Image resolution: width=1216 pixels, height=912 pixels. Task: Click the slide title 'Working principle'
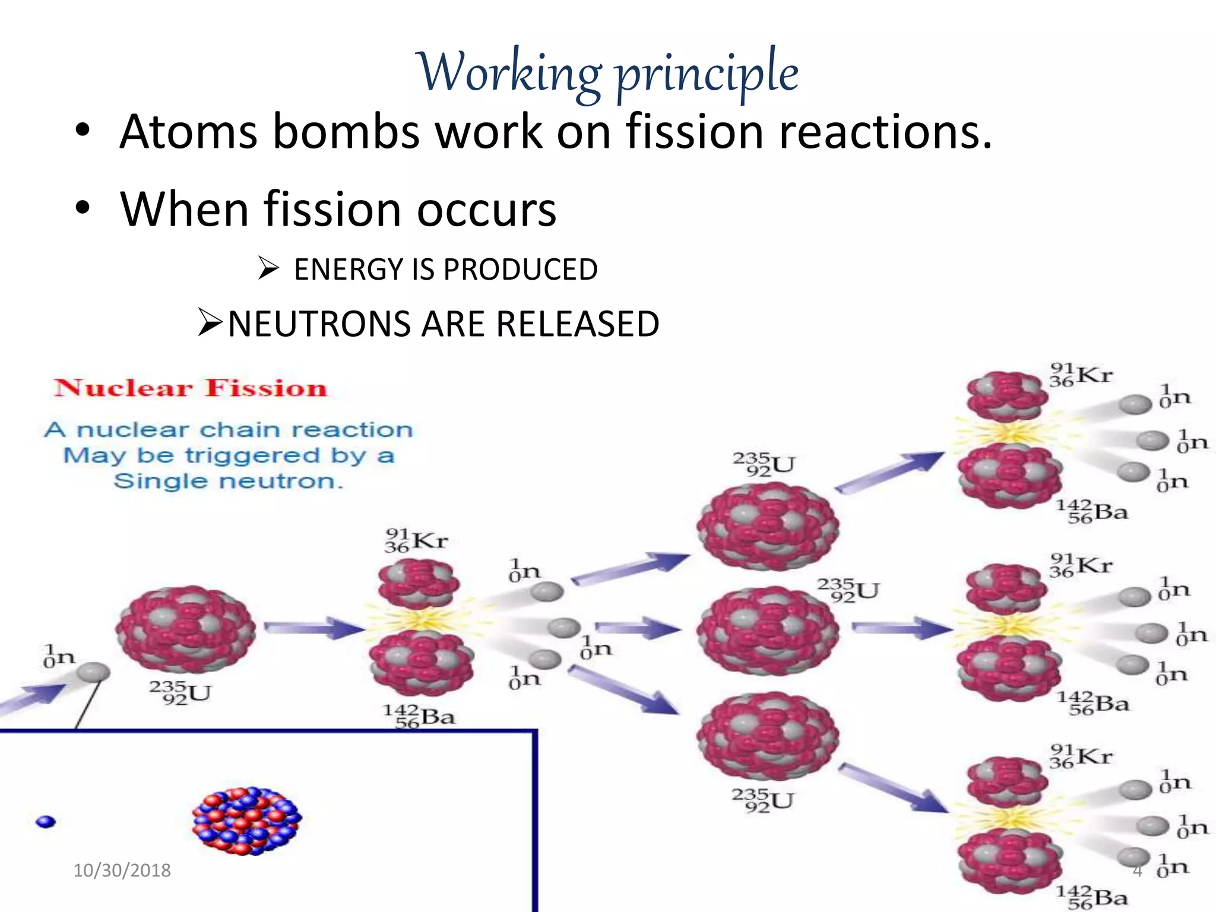(608, 72)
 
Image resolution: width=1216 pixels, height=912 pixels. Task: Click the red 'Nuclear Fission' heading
(191, 388)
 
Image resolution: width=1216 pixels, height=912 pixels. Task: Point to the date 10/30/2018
(122, 870)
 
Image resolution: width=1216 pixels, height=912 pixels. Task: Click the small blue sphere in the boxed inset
(46, 822)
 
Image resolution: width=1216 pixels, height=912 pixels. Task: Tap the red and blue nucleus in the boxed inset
(247, 821)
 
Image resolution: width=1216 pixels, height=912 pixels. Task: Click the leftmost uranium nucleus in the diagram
(185, 629)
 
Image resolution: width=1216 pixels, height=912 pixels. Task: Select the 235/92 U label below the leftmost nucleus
(180, 693)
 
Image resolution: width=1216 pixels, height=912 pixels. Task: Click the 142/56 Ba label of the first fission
(419, 716)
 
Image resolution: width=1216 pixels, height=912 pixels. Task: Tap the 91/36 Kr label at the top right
(1081, 376)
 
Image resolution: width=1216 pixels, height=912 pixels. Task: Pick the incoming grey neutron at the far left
(93, 672)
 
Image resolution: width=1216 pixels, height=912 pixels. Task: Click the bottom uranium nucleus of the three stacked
(767, 736)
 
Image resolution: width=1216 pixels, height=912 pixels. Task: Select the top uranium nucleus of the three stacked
(767, 526)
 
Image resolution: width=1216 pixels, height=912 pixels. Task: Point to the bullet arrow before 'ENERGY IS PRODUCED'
(268, 269)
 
